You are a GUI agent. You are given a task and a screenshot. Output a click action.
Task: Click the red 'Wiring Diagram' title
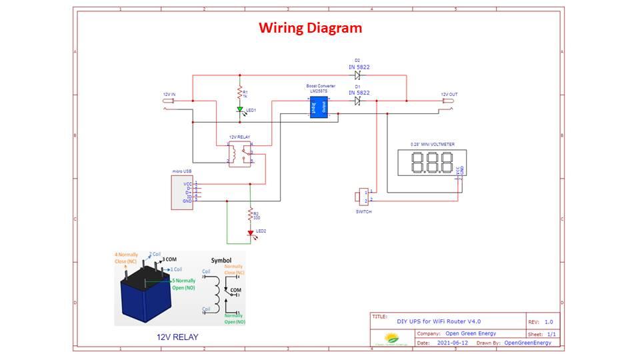[310, 28]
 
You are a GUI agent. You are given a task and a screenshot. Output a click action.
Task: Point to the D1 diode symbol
[357, 101]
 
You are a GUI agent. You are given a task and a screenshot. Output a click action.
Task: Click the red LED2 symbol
[251, 233]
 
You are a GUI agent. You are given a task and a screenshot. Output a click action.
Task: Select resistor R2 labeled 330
[251, 215]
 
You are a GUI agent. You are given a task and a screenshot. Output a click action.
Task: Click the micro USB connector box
[182, 193]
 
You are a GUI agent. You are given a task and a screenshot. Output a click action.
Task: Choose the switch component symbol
[361, 197]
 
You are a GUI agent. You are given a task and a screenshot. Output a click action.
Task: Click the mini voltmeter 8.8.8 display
[431, 163]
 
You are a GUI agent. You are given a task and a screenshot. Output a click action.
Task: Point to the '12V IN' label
[169, 95]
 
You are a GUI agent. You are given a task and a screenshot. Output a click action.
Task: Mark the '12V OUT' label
[449, 95]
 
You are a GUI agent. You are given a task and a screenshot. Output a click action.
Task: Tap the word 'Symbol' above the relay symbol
[221, 260]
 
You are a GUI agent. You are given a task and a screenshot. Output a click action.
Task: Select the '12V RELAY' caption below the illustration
[177, 337]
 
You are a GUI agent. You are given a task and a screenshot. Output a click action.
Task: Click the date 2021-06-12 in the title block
[453, 343]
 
